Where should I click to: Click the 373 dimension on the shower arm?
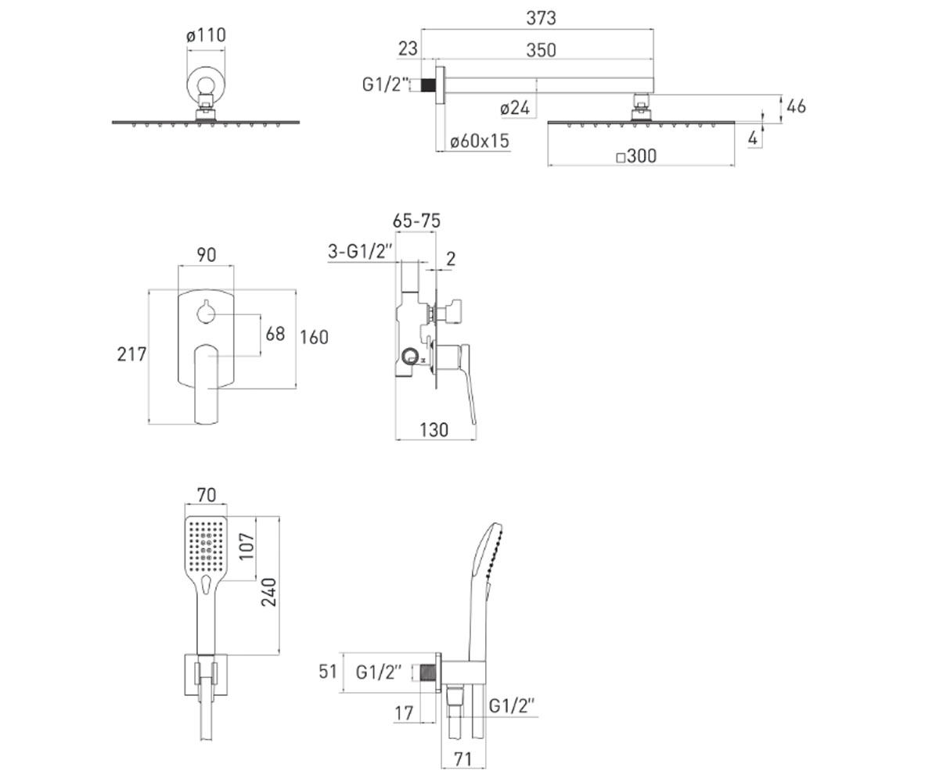tap(541, 19)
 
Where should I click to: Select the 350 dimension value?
tap(541, 50)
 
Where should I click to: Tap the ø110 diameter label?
tap(206, 35)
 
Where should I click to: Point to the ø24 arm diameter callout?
tap(515, 108)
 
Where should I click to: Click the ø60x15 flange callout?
tap(480, 141)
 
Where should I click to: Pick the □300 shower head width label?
tap(636, 156)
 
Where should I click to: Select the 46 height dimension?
tap(796, 106)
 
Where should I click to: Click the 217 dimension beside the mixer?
tap(131, 354)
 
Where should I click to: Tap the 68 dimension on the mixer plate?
tap(275, 334)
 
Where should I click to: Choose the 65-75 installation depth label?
tap(416, 221)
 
